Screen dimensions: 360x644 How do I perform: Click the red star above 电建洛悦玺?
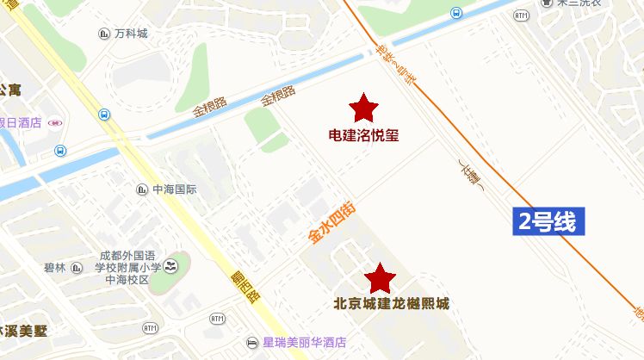[x=363, y=108]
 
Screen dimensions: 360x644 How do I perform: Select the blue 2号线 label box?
[x=548, y=221]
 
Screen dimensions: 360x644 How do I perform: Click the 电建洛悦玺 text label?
[x=363, y=135]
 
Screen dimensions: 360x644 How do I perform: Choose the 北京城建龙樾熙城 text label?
[x=391, y=304]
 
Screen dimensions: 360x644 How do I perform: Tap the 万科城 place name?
[x=131, y=34]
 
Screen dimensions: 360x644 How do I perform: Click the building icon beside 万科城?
[x=103, y=34]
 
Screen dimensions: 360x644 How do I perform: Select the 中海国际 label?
[x=175, y=189]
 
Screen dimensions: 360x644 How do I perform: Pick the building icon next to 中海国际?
[x=141, y=189]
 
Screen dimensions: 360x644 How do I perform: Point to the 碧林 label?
[x=54, y=268]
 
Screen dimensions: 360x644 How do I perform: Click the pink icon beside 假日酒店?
[x=55, y=123]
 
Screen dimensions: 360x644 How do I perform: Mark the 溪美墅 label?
[x=24, y=331]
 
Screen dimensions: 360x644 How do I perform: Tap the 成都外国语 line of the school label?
[x=127, y=256]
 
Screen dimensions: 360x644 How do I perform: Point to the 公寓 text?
[x=10, y=90]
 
